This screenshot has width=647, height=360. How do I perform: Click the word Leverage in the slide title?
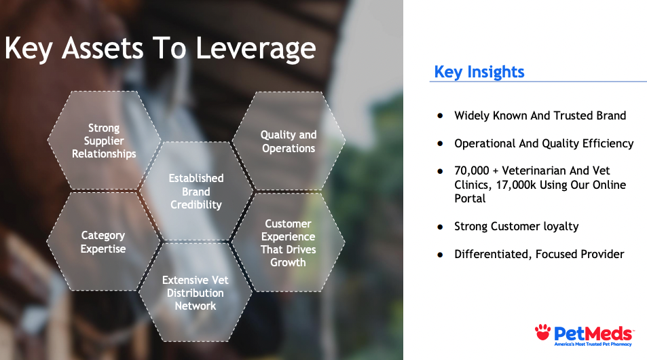256,49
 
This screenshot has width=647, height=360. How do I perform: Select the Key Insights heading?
479,72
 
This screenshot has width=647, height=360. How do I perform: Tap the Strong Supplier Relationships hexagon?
104,141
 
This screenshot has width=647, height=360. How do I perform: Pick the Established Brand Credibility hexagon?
196,191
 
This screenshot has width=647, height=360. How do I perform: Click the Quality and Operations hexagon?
289,141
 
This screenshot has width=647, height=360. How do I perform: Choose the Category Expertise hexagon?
103,242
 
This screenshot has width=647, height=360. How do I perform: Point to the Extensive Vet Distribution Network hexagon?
196,292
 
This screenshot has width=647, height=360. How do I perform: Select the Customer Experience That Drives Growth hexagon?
288,242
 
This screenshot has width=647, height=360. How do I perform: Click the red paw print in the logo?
542,332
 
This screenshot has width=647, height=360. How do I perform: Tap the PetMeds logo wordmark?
593,334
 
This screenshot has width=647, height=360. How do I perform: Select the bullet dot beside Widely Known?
441,116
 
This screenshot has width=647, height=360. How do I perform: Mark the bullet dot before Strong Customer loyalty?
441,227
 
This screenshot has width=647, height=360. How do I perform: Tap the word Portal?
470,198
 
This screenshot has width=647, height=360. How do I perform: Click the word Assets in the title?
103,48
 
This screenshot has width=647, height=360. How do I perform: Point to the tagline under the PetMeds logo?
593,344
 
